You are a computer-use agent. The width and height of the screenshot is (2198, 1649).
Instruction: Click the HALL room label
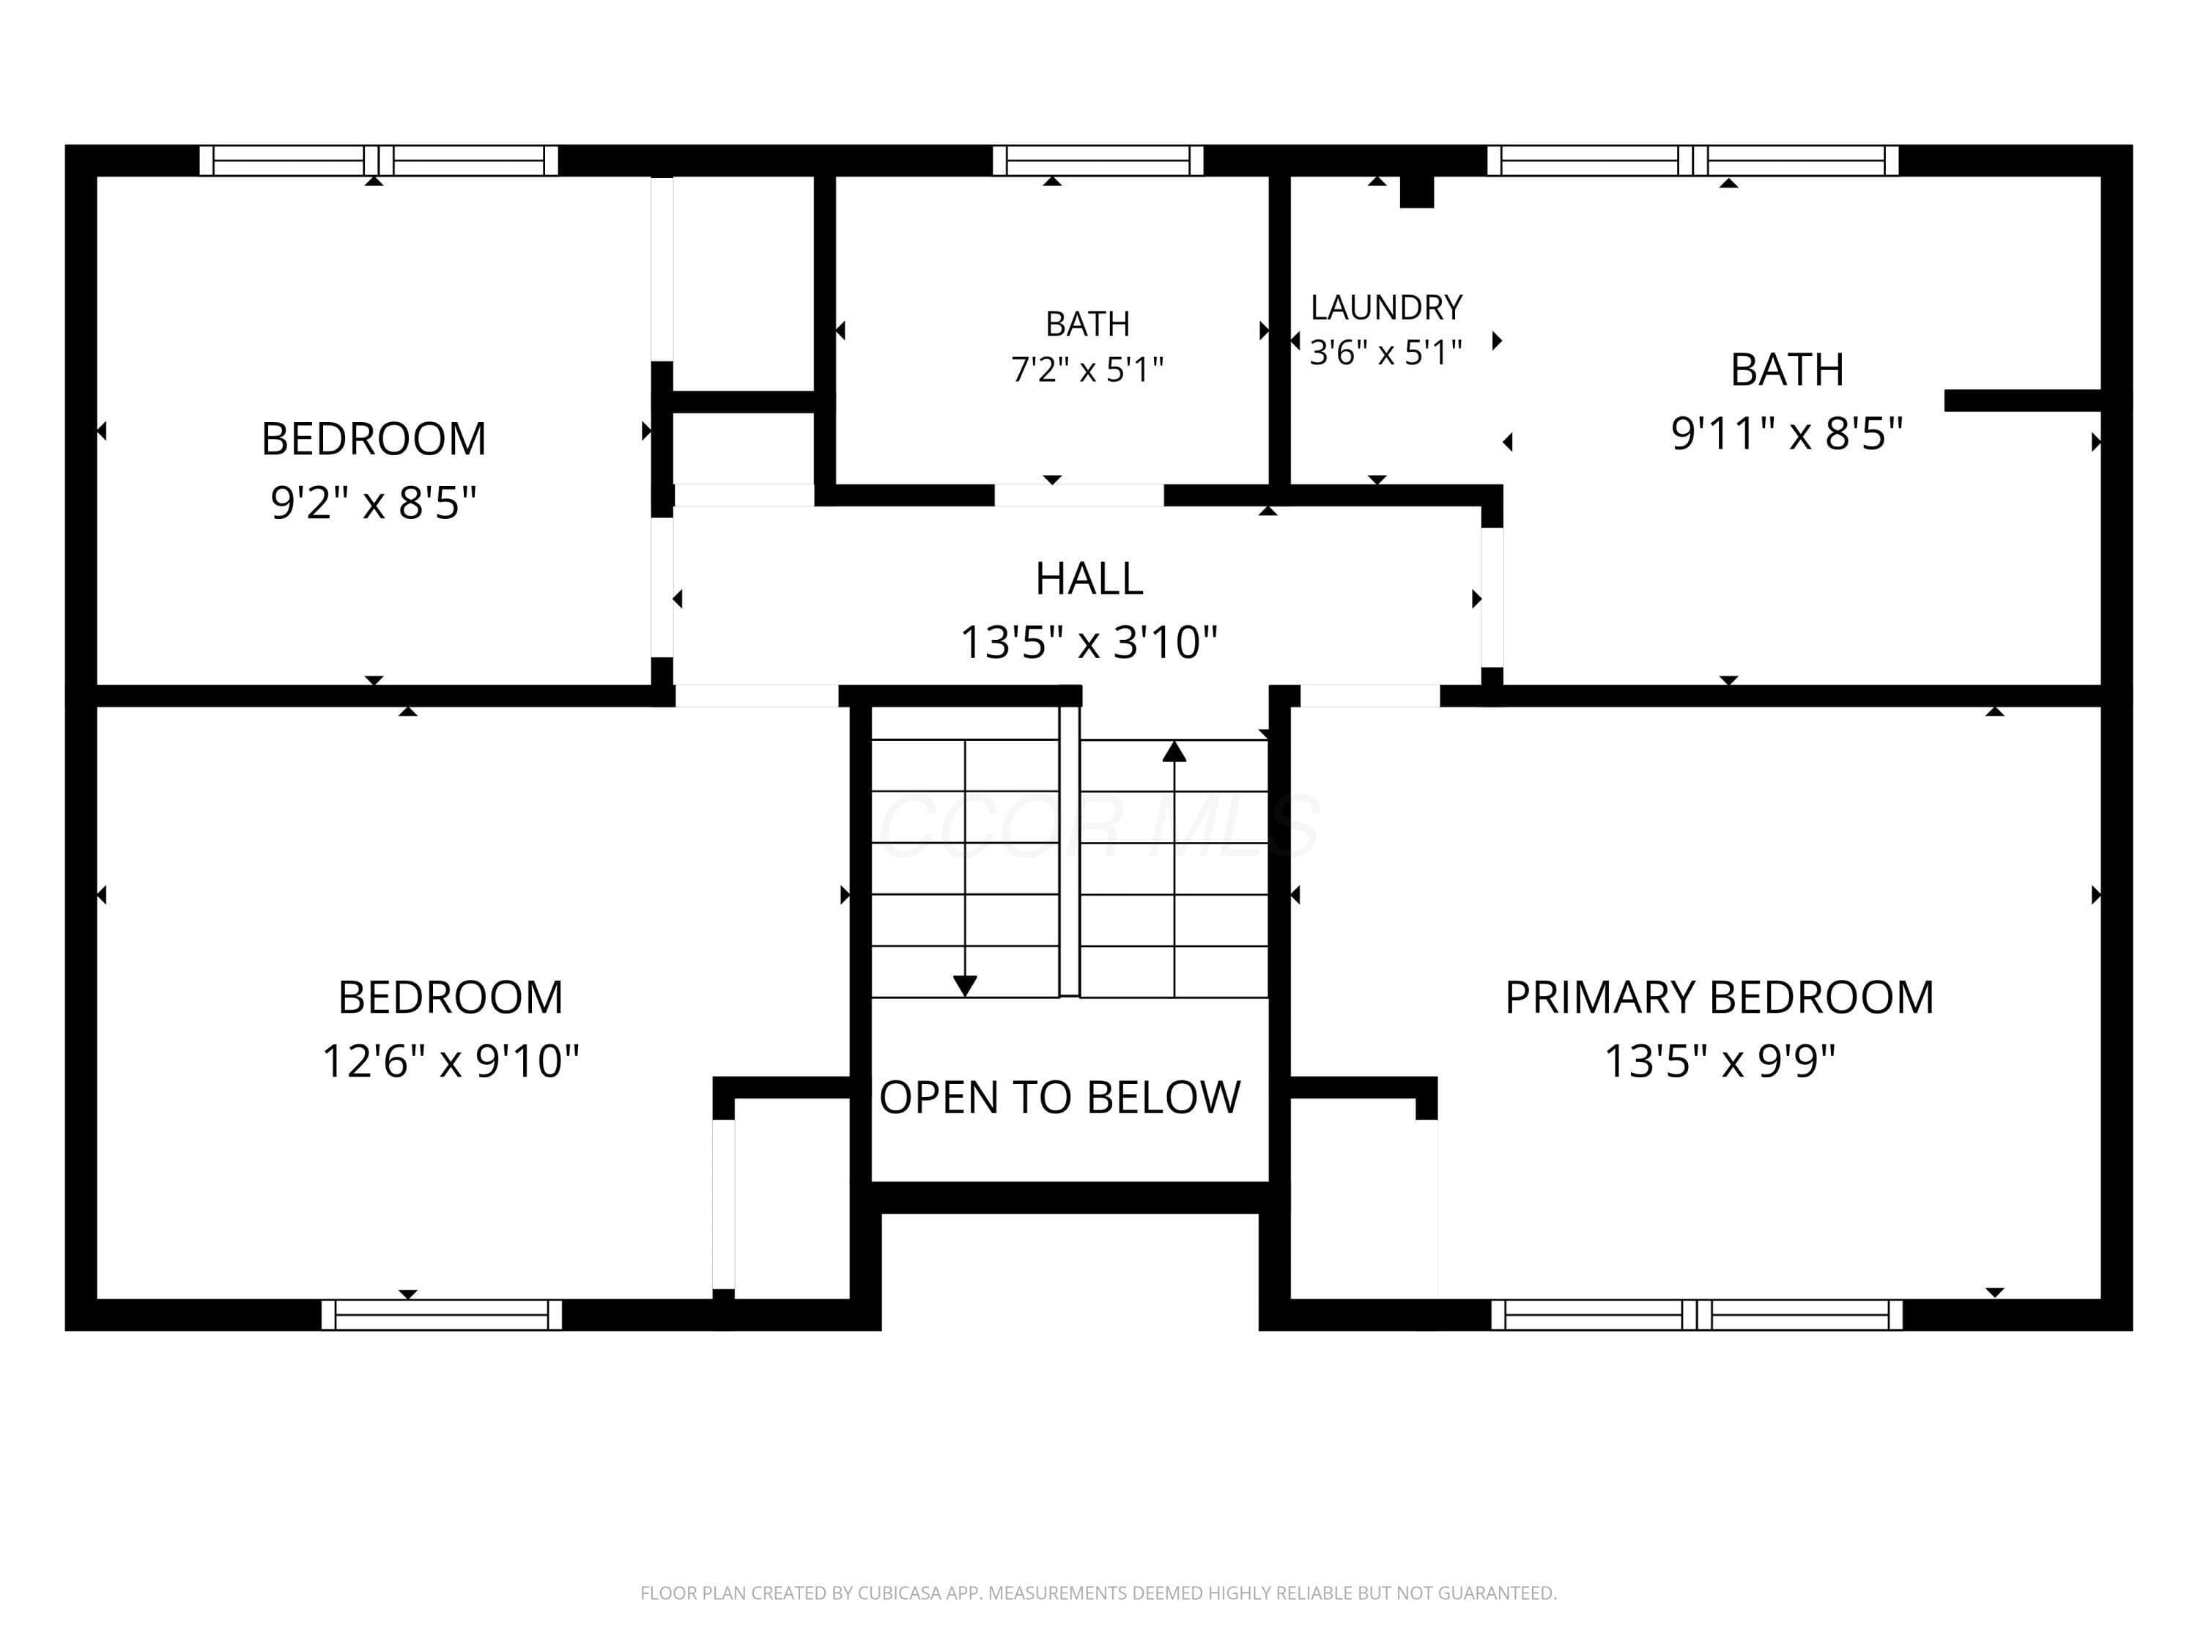(x=1089, y=578)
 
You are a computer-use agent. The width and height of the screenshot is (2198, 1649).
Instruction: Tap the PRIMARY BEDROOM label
(x=1719, y=997)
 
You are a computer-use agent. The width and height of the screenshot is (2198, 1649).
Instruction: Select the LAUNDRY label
(x=1386, y=307)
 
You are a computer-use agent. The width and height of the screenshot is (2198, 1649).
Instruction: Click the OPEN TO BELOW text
(x=1060, y=1097)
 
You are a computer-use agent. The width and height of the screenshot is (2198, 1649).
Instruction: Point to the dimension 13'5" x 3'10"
(x=1089, y=642)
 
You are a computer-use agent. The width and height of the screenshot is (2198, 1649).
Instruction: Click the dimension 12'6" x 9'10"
(x=450, y=1060)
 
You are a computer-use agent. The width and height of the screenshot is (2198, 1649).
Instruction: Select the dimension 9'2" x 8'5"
(x=374, y=502)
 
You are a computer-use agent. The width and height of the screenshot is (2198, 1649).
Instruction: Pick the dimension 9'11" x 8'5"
(x=1787, y=433)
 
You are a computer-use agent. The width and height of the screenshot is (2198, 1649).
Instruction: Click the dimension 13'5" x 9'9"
(x=1719, y=1060)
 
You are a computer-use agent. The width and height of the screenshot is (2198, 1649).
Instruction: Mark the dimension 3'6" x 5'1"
(x=1386, y=352)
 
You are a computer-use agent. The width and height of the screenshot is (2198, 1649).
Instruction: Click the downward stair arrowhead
(x=965, y=985)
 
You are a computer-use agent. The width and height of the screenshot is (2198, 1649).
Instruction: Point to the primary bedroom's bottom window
(x=1697, y=1315)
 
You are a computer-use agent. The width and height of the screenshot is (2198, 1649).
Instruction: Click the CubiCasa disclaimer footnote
(x=1098, y=1593)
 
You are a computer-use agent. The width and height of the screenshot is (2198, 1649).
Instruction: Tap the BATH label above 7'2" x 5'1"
(x=1087, y=324)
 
